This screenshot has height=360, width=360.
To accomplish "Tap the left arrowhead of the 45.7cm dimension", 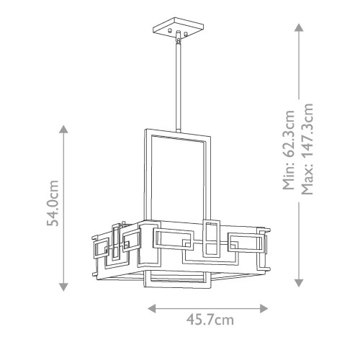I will coord(152,307).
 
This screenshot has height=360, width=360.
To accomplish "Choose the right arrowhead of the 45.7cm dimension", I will coord(266,307).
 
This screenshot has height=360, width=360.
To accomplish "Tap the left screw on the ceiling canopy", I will coord(168,33).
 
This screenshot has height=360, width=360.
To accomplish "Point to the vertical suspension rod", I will coord(176,86).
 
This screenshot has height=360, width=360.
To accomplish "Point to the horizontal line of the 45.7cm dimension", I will coord(209,307).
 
